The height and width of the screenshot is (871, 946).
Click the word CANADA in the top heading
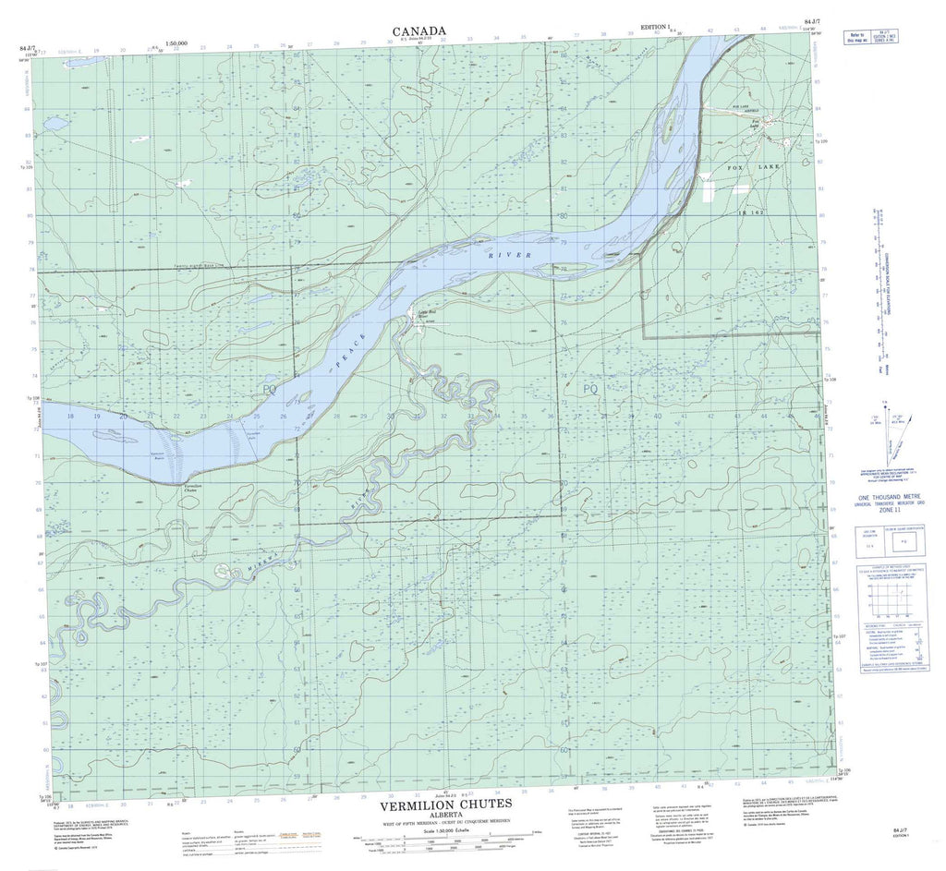click(419, 30)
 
